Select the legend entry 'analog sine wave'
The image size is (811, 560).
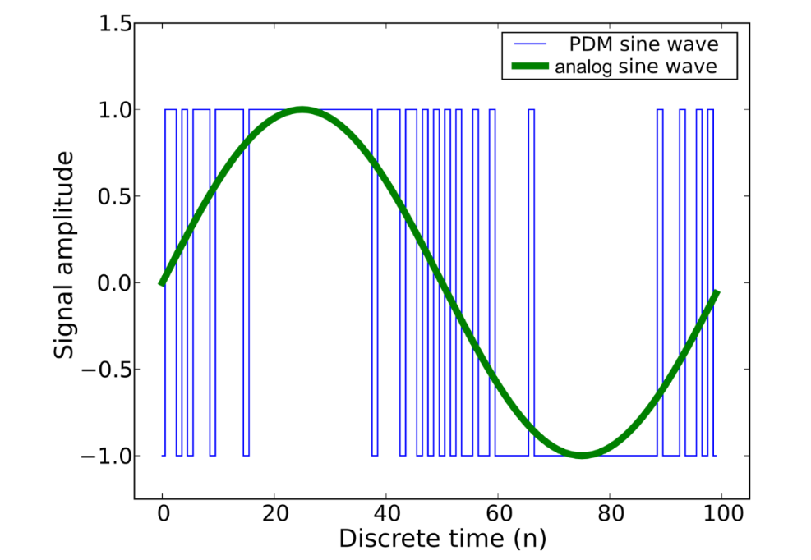click(635, 67)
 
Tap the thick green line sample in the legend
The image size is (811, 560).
click(528, 67)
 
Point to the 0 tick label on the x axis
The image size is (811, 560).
click(163, 516)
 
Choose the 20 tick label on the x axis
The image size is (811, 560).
click(274, 516)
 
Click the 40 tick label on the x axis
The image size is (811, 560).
click(386, 516)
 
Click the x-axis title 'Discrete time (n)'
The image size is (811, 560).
click(442, 539)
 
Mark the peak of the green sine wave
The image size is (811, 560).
click(302, 110)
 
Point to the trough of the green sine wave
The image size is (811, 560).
click(582, 455)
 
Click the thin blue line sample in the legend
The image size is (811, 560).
click(528, 44)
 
